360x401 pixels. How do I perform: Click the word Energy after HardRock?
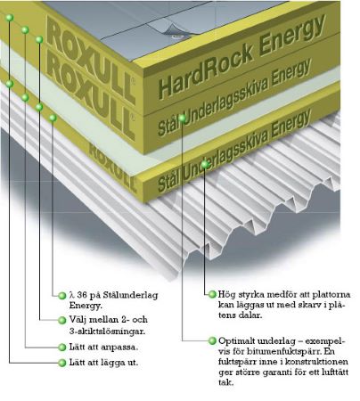[x=292, y=35]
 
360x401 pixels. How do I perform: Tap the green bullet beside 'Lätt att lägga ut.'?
[x=62, y=363]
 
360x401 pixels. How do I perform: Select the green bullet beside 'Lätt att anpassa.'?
[x=62, y=347]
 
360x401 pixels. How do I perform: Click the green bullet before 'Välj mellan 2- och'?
[x=62, y=320]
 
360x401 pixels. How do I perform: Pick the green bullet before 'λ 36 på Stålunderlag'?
[x=62, y=296]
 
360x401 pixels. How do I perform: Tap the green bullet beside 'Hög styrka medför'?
[x=212, y=294]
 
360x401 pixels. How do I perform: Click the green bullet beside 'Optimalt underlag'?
[x=212, y=340]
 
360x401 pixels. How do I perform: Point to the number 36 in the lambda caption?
[x=82, y=295]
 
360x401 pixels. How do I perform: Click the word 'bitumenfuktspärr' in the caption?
[x=276, y=351]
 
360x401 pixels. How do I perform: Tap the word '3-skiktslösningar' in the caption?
[x=107, y=331]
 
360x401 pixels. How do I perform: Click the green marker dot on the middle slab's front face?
[x=182, y=119]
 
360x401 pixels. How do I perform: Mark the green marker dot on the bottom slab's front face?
[x=205, y=164]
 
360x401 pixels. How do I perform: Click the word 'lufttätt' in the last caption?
[x=335, y=372]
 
